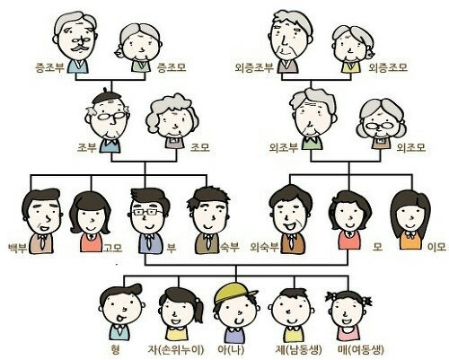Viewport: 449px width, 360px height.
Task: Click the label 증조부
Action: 50,67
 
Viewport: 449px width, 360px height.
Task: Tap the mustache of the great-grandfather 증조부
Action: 79,48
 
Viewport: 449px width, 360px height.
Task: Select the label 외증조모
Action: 388,67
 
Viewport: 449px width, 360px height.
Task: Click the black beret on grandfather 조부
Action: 106,96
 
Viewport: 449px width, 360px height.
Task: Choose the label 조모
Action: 200,147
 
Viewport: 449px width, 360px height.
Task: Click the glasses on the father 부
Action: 147,213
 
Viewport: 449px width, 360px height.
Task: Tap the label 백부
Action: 18,248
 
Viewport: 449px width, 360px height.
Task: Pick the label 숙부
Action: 230,247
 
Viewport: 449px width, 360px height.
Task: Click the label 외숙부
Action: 264,247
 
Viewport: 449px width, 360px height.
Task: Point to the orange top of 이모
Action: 410,240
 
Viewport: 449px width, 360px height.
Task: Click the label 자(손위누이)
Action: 176,349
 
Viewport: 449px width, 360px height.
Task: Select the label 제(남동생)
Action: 298,349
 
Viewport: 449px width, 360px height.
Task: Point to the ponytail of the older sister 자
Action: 198,310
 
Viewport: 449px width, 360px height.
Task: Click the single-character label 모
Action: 377,247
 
